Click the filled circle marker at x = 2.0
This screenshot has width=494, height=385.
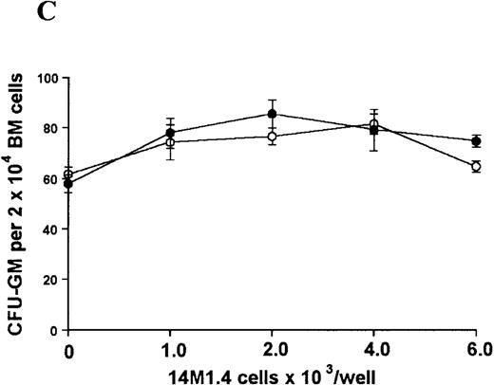[x=272, y=114]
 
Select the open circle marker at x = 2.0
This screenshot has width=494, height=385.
[x=272, y=137]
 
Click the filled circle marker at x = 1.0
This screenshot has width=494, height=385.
[x=170, y=133]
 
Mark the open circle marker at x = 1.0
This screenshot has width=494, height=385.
[x=170, y=142]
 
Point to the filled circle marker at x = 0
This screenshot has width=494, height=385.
[x=68, y=183]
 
